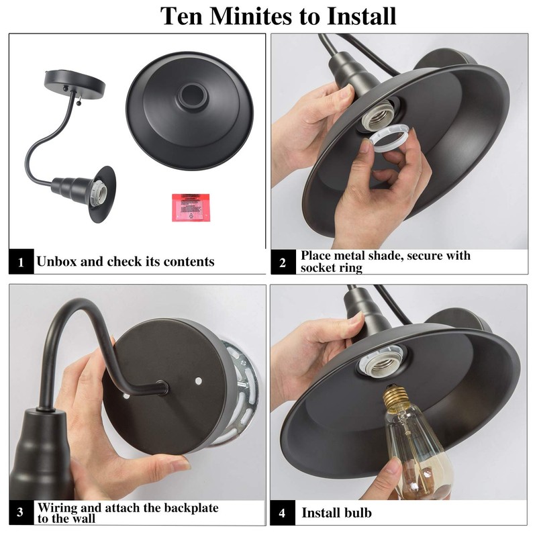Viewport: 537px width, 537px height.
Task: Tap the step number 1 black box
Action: tap(21, 262)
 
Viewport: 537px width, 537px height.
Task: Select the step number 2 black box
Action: tap(283, 262)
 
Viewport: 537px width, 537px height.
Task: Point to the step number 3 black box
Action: tap(21, 513)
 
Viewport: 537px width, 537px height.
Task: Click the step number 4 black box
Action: tap(282, 513)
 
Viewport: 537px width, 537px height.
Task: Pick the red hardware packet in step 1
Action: tap(191, 207)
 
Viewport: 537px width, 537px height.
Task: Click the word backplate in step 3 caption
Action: tap(188, 508)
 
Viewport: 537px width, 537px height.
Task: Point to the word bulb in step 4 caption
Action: tap(358, 513)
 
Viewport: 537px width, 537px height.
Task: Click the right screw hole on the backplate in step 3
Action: tap(198, 381)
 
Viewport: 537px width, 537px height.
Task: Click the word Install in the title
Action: tap(362, 15)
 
